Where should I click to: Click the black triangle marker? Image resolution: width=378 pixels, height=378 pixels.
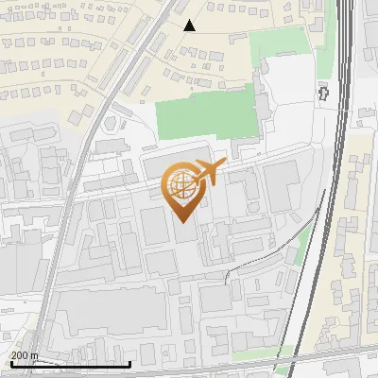[x=190, y=26]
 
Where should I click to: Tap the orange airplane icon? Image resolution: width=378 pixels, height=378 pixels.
[x=209, y=173]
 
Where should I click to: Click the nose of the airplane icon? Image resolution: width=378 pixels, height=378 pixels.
[x=224, y=163]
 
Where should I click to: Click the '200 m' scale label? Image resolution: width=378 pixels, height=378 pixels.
[x=25, y=355]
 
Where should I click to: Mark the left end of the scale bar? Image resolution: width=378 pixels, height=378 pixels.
[x=10, y=364]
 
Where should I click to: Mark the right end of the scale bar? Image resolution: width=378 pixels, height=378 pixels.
[x=129, y=364]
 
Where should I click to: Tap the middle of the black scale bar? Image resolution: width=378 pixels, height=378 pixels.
[x=70, y=364]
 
